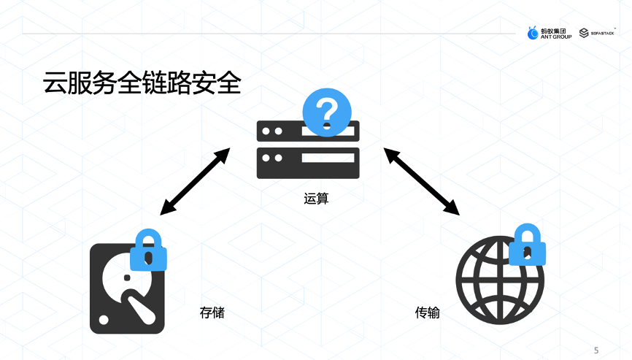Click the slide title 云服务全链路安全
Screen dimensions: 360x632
[x=142, y=83]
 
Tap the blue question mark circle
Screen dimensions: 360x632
[x=327, y=112]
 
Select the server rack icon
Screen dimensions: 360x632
[x=308, y=150]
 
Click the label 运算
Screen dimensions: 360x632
[x=316, y=198]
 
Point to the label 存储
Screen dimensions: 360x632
[x=212, y=313]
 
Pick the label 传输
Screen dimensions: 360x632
[x=428, y=313]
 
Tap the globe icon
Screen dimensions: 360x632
[x=499, y=281]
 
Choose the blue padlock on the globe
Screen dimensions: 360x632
[x=527, y=245]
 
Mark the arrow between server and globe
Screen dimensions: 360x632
[x=423, y=181]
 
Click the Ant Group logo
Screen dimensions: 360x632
[x=549, y=33]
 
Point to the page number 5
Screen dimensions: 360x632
[x=596, y=350]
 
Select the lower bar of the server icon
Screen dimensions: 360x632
[x=308, y=163]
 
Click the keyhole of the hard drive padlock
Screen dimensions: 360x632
[x=148, y=258]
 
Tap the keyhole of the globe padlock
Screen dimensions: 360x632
[x=527, y=253]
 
